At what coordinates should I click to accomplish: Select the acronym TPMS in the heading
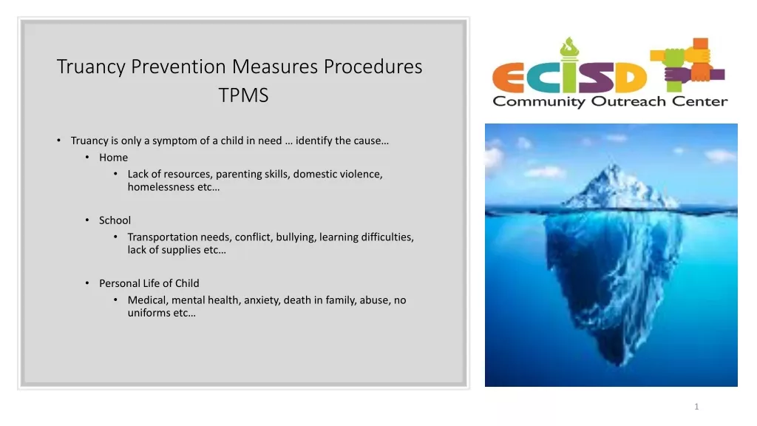(243, 95)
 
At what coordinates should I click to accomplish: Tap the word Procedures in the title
(373, 67)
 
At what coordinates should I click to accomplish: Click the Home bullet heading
(113, 158)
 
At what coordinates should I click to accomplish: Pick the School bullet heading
(115, 220)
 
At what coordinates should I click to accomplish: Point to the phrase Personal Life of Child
(149, 283)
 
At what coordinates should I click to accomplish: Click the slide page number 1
(696, 407)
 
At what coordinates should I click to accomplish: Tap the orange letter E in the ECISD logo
(508, 78)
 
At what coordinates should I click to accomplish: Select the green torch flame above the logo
(569, 47)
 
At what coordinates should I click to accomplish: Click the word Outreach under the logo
(628, 101)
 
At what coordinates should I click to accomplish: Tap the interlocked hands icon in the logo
(687, 64)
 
